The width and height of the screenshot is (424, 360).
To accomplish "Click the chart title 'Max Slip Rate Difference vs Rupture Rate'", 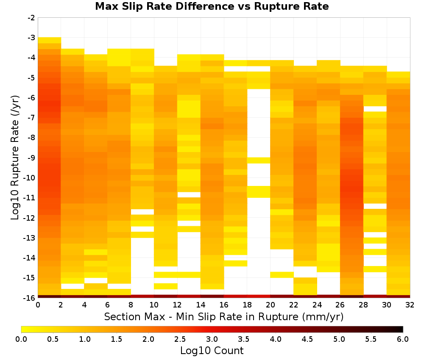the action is coord(212,6).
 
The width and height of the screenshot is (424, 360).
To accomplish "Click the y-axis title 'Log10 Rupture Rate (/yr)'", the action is coord(15,158).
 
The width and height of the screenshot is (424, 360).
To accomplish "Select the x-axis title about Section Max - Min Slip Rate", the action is coord(224,316).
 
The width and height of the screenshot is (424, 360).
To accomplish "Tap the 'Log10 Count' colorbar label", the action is coord(212,351).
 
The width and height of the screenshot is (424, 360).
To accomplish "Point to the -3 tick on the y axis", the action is coord(31,38).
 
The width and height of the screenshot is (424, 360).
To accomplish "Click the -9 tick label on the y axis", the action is coord(31,158).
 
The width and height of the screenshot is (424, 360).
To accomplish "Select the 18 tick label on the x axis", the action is coord(247,305).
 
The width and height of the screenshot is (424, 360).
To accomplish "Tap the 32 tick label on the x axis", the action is coord(410,305).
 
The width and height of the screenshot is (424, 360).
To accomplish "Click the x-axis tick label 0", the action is coord(38,305).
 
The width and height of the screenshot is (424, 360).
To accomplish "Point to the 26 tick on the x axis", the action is coord(340,305).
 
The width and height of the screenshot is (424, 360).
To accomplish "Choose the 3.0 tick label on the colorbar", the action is coord(212,339).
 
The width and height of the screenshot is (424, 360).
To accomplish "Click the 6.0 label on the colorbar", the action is coord(403,339).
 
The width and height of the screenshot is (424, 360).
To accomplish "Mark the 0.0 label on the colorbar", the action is coord(21,339).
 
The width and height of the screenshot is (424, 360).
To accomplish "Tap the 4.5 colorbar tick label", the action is coord(307,339).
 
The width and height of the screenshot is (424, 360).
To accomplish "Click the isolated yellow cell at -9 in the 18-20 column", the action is coord(259,161).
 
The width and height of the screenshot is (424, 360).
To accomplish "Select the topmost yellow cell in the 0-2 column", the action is coord(50,40).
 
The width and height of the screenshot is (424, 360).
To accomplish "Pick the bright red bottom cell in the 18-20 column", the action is coord(259,296).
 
